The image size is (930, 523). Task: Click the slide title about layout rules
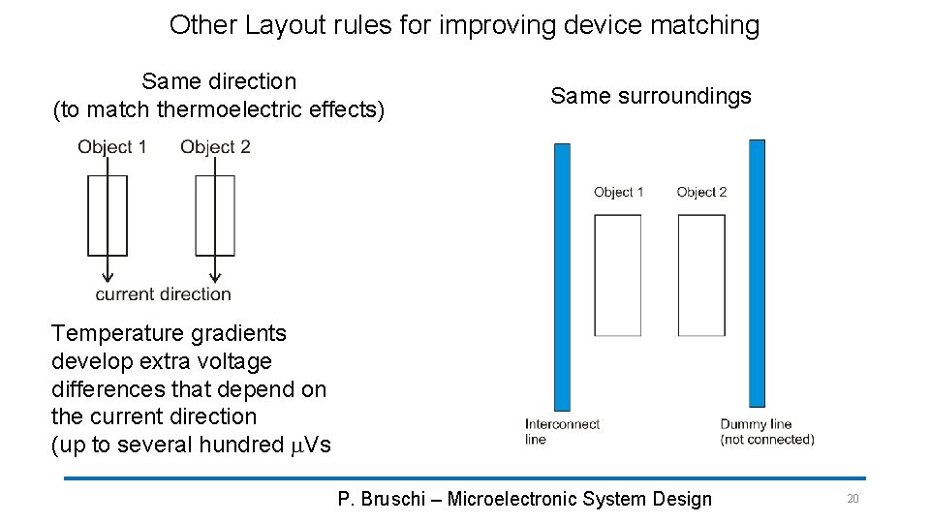coord(464,25)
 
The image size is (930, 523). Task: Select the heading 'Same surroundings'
coord(650,96)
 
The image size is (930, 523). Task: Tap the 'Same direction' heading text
coord(219,81)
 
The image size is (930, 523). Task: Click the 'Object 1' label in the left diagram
coord(112,147)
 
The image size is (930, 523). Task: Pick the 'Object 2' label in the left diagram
coord(215,147)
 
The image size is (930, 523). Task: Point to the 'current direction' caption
coord(163,294)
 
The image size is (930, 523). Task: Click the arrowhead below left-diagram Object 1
coord(108,274)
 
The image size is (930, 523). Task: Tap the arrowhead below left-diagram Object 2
coord(215,274)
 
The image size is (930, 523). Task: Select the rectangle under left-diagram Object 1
coord(108,215)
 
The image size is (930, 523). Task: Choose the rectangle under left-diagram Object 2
coord(215,215)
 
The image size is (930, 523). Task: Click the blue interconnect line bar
coord(562,276)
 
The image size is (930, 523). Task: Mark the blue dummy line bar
coord(757,273)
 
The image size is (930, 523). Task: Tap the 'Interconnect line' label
coord(562,432)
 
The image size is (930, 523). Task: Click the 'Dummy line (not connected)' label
coord(766,432)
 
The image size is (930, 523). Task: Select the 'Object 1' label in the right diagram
coord(619,193)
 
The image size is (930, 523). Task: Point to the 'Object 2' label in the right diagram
coord(701,193)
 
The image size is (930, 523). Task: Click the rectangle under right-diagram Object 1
coord(618,276)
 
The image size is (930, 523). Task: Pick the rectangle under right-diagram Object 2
coord(701,276)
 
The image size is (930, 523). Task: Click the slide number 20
coord(852,499)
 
